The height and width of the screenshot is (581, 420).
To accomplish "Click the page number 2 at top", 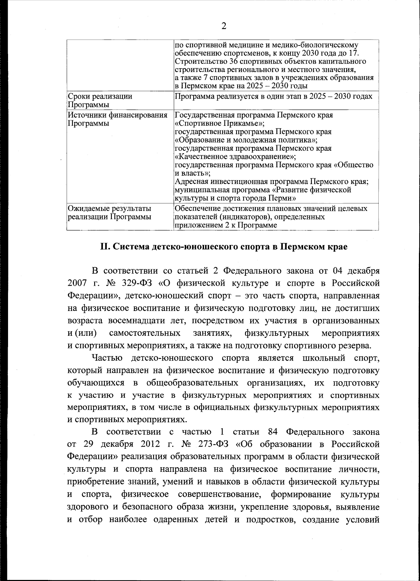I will pyautogui.click(x=224, y=26).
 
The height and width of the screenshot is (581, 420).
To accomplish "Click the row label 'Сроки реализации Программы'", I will pyautogui.click(x=100, y=100).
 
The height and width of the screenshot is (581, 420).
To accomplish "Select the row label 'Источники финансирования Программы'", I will pyautogui.click(x=117, y=119).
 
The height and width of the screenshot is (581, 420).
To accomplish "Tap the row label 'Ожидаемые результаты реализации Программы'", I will pyautogui.click(x=110, y=213).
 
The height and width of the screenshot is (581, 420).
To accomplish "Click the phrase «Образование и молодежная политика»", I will pyautogui.click(x=246, y=140).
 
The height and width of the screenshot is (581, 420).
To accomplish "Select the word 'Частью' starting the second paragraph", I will pyautogui.click(x=107, y=358).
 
